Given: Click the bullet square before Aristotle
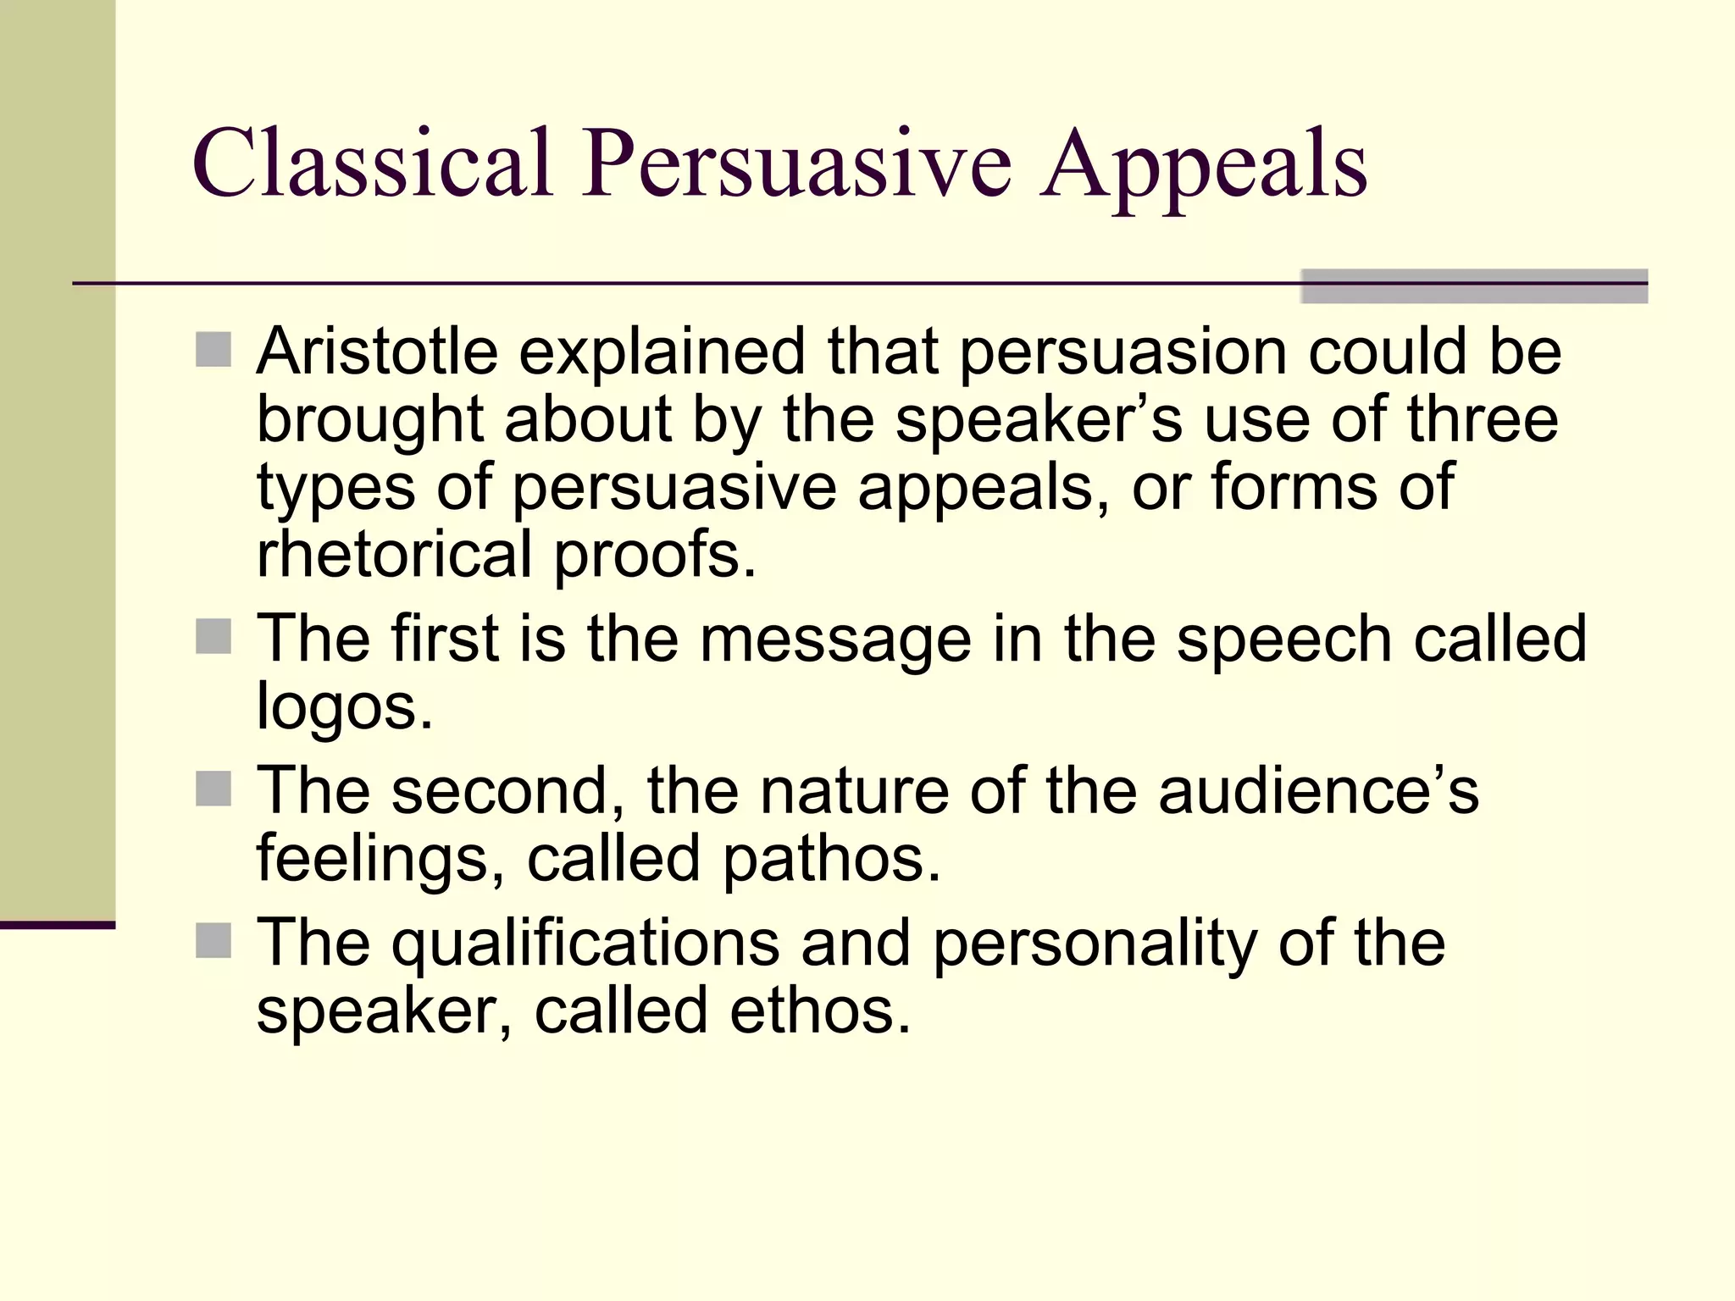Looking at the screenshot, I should [x=213, y=350].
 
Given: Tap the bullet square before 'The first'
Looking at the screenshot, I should [x=213, y=637].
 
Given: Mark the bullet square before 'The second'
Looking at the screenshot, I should [x=213, y=789].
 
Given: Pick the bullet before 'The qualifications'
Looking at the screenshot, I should [x=213, y=940].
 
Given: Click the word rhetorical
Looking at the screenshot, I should [x=395, y=555].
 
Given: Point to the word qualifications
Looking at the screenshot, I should [x=585, y=944].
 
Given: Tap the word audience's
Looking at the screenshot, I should [x=1317, y=791].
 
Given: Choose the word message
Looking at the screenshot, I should [x=834, y=641].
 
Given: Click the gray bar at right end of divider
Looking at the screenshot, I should [x=1474, y=286].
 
